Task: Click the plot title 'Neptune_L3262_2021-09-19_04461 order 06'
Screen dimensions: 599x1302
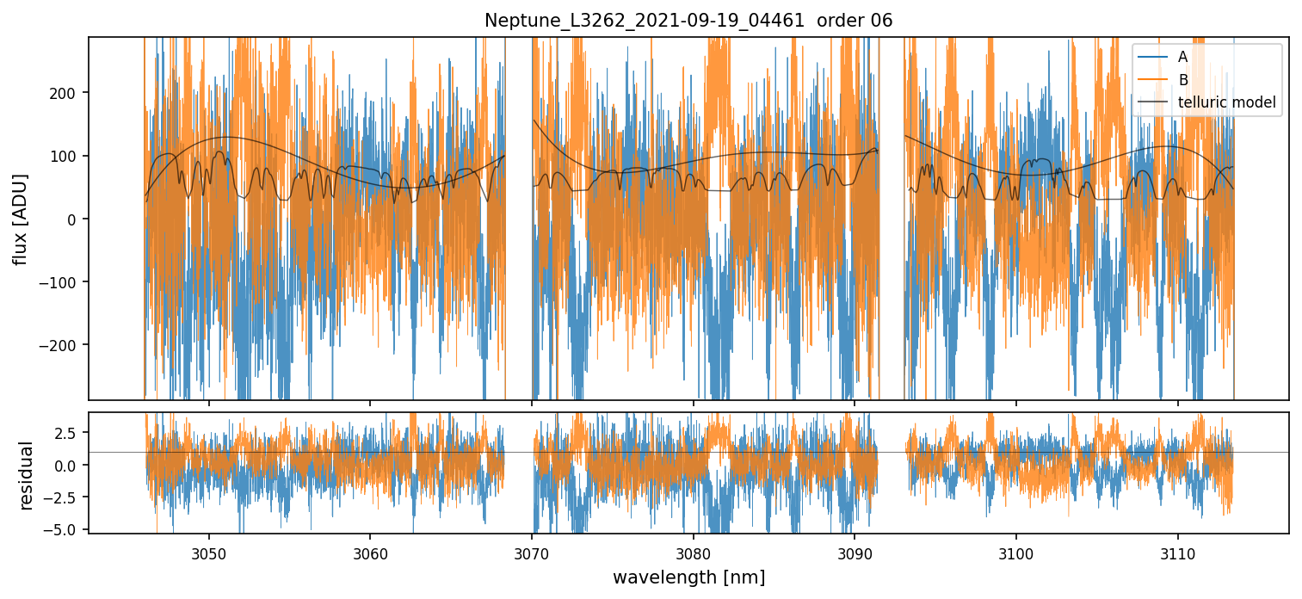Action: point(688,21)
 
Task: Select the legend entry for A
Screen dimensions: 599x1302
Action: point(1183,58)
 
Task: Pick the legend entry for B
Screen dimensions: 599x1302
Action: point(1183,80)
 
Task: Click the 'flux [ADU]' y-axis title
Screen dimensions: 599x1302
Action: point(20,219)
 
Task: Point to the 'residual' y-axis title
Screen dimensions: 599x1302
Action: point(27,475)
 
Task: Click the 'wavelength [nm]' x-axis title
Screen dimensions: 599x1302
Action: point(688,577)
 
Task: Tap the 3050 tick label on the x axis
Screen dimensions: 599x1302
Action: point(209,552)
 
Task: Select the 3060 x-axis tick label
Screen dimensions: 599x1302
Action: point(370,552)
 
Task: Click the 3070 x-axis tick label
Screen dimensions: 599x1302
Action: point(532,552)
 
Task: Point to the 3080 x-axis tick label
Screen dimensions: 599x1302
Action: point(693,552)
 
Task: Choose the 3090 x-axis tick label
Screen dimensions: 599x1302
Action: point(855,552)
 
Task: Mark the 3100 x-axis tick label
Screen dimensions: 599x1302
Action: point(1015,552)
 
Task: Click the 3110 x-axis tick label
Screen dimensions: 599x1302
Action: point(1177,552)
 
